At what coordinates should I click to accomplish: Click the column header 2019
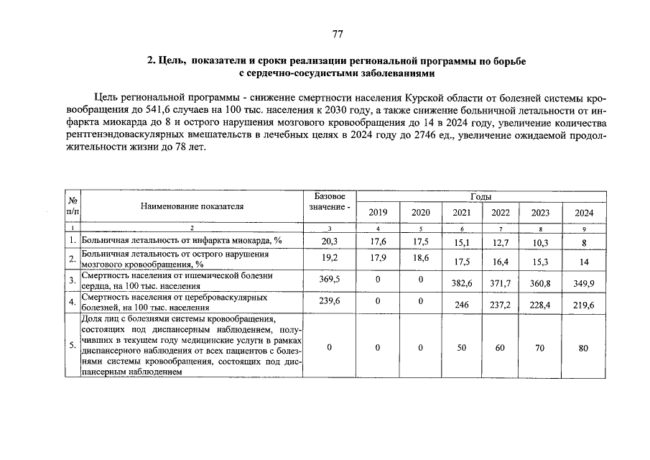(x=378, y=213)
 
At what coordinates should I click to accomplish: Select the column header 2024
(x=583, y=213)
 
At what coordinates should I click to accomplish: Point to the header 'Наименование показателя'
(x=192, y=206)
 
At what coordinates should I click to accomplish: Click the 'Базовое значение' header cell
(x=330, y=202)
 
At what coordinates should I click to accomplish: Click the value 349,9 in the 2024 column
(x=583, y=284)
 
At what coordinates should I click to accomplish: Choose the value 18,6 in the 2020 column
(x=420, y=257)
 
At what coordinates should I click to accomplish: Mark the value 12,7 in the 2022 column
(x=501, y=243)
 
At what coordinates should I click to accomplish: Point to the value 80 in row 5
(x=583, y=348)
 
